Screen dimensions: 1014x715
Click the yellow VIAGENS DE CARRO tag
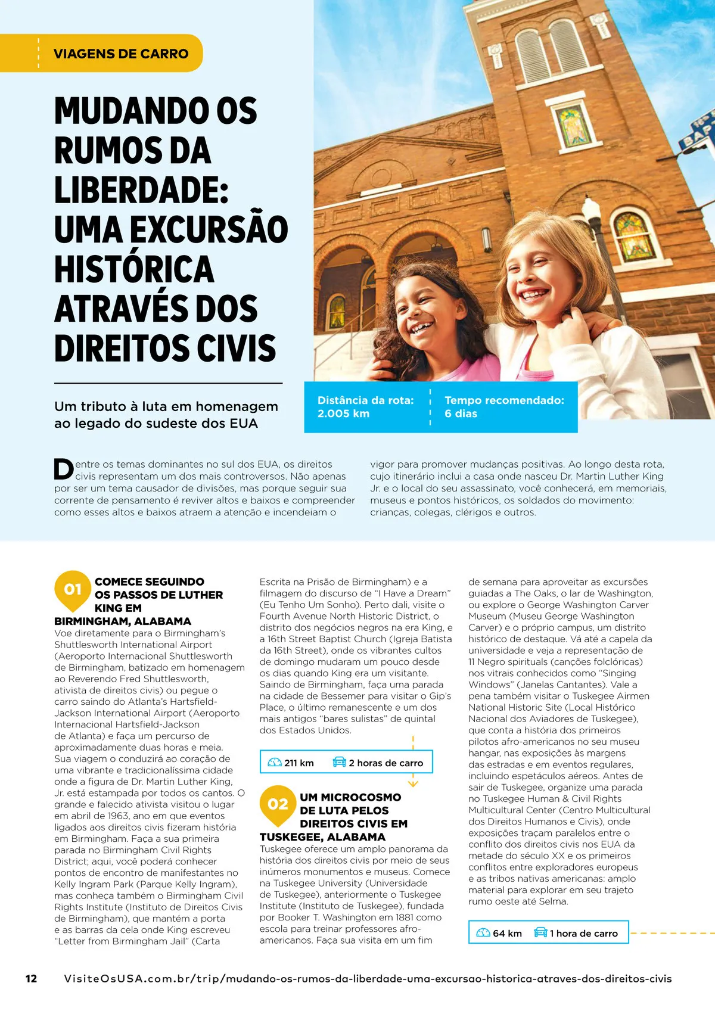(x=120, y=54)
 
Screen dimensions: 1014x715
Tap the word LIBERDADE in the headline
(x=141, y=189)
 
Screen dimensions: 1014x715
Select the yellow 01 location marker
(x=73, y=589)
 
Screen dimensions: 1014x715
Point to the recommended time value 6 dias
(x=461, y=413)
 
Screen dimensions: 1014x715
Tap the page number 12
(x=31, y=978)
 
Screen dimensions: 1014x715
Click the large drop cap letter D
(x=64, y=469)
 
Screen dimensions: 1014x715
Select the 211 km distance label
(x=299, y=763)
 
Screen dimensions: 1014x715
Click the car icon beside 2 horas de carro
(x=339, y=762)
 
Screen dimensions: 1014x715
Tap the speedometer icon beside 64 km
(x=483, y=933)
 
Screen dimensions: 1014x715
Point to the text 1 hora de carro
(x=583, y=934)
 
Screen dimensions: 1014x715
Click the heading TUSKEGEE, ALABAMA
(x=322, y=836)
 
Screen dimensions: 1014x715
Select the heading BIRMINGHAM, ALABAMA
(x=123, y=621)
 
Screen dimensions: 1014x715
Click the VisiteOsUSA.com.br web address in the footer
(x=368, y=978)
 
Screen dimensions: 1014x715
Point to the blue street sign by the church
(x=699, y=133)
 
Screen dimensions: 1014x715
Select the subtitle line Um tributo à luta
(x=166, y=406)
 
